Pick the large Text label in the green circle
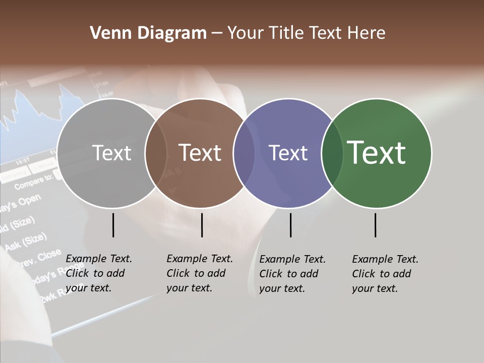click(376, 153)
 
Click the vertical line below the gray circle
click(113, 225)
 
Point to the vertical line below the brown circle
click(202, 225)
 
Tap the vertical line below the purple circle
click(290, 225)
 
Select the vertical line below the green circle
click(375, 225)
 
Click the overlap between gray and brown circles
click(156, 153)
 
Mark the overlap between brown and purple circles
click(244, 153)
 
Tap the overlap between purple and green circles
click(332, 153)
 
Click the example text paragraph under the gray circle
click(99, 273)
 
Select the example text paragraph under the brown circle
click(200, 273)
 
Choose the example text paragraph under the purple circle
click(292, 274)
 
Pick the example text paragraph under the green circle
click(385, 274)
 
